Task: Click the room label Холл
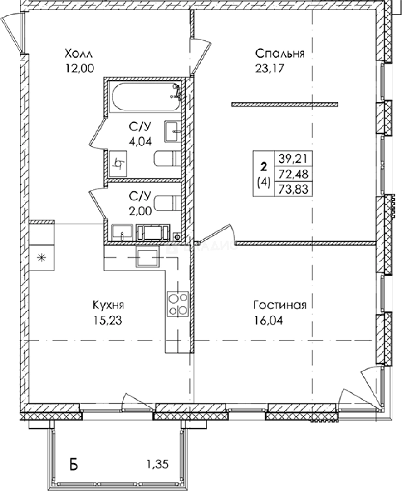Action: click(x=78, y=54)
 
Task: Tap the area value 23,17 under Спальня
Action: click(x=270, y=68)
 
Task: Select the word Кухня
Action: click(x=108, y=305)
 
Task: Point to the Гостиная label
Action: click(x=280, y=305)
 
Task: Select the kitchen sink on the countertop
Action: click(x=147, y=256)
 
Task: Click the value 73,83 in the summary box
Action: click(x=293, y=189)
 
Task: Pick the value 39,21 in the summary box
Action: click(x=293, y=159)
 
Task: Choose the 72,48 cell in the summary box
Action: click(x=293, y=174)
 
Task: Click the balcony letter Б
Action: click(x=74, y=465)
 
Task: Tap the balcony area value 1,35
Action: click(x=157, y=464)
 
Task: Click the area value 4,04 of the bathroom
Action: click(x=140, y=141)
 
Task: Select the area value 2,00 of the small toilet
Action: click(x=140, y=211)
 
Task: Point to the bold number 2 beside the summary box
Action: click(x=264, y=166)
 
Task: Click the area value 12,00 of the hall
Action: click(x=79, y=68)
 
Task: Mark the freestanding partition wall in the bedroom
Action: click(x=285, y=104)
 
